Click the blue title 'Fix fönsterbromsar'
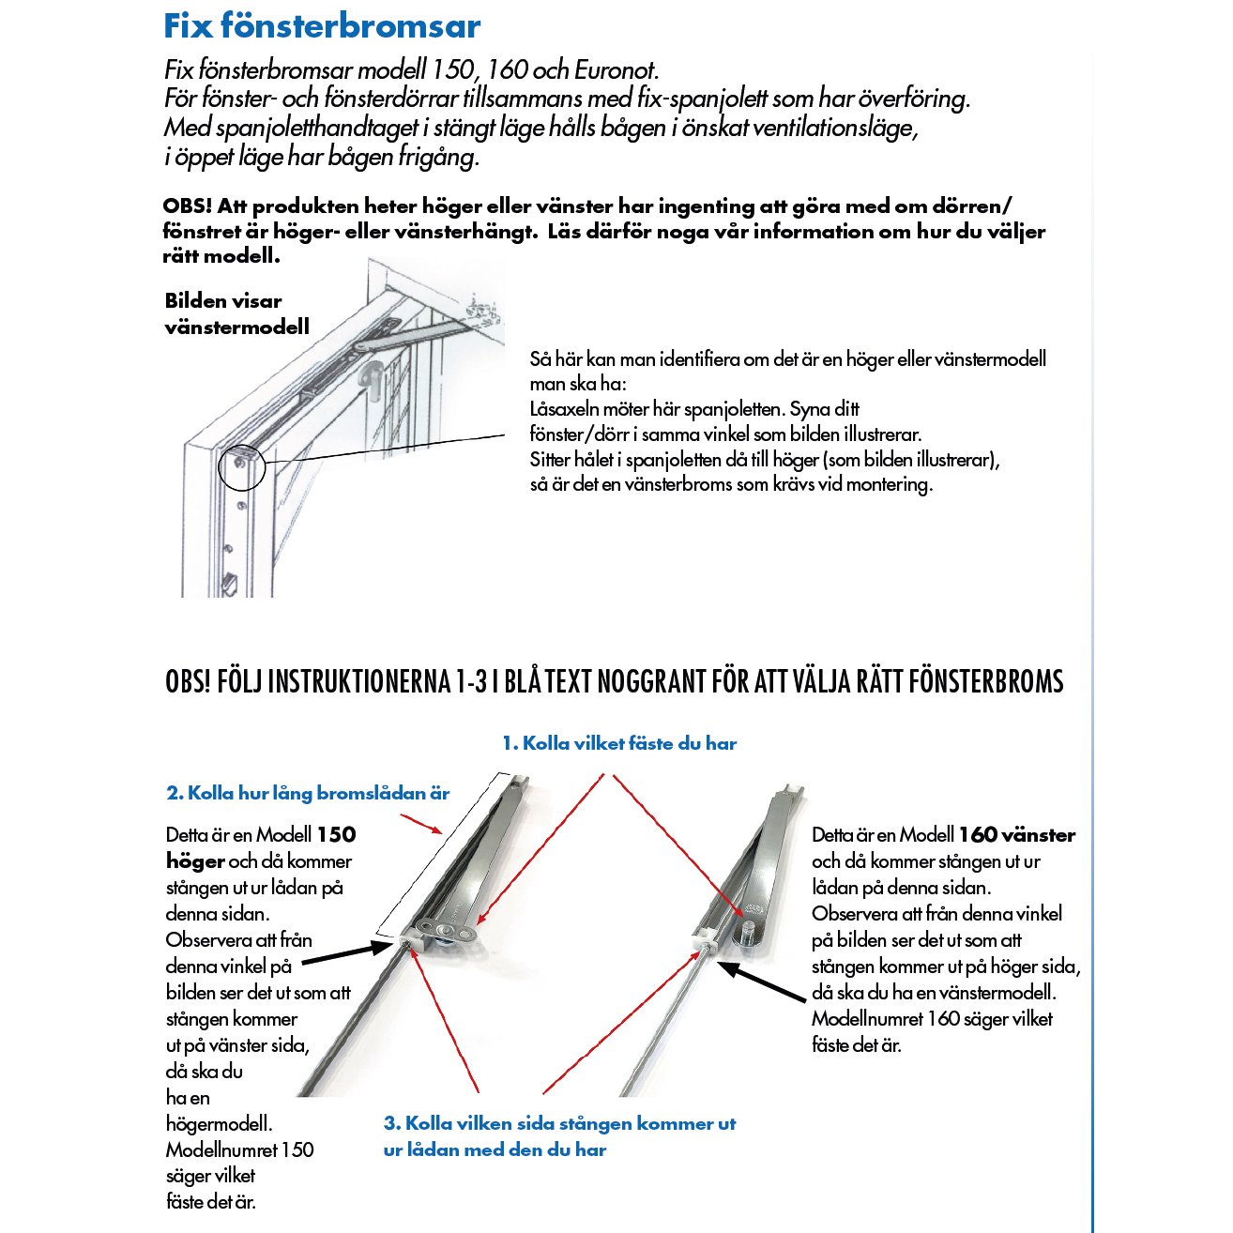(x=322, y=25)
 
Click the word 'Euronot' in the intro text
(x=616, y=70)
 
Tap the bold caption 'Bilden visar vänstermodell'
(x=236, y=313)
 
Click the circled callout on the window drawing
(x=241, y=465)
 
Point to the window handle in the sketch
(x=369, y=377)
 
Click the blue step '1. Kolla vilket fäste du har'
(x=619, y=743)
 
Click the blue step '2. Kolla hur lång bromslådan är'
(x=308, y=793)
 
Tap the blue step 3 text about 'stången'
(x=559, y=1135)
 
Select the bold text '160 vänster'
(x=1016, y=835)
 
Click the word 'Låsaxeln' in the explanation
(x=564, y=409)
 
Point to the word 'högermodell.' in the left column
(x=219, y=1123)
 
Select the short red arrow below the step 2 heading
(x=421, y=824)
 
